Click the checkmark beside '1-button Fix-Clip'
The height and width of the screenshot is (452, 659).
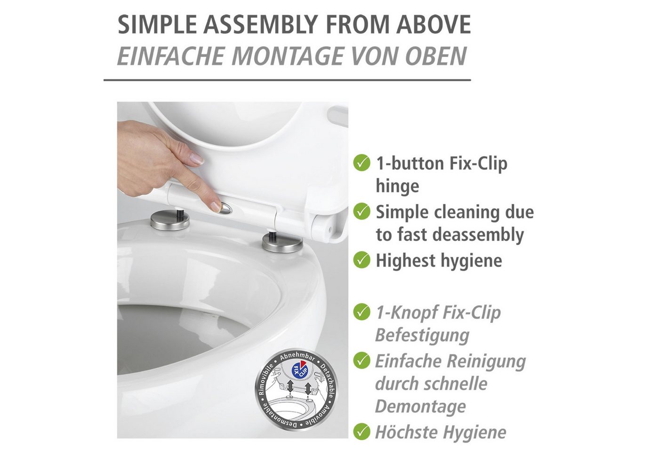(362, 163)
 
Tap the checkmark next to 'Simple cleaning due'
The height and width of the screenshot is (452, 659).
(362, 211)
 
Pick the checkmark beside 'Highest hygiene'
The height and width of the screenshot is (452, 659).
(362, 260)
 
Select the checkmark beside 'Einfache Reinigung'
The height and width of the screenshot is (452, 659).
(362, 361)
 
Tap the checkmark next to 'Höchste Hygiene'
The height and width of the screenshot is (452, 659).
(362, 431)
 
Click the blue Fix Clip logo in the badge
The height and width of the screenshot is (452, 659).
(299, 371)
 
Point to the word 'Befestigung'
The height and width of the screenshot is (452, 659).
(423, 335)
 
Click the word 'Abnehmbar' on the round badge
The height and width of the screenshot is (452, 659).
(297, 358)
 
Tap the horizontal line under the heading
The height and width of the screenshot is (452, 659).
(287, 80)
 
